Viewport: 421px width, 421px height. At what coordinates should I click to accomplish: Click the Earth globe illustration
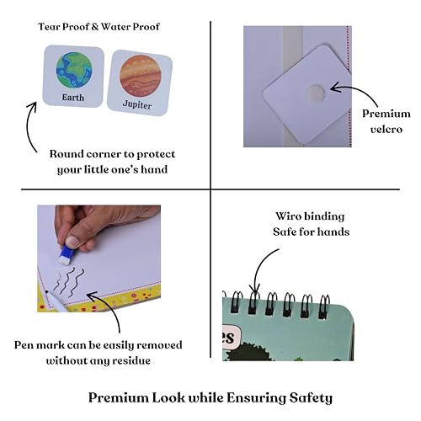74,69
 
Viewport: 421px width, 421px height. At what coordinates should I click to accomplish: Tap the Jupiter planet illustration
140,76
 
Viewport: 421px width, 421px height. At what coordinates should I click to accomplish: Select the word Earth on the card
73,98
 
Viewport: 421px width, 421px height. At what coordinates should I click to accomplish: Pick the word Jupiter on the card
137,104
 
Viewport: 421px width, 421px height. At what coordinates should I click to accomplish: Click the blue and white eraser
67,253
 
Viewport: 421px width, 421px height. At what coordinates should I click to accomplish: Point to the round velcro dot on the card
317,93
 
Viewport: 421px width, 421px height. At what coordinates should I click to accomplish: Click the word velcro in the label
386,130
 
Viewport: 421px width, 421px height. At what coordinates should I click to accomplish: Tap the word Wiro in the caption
287,216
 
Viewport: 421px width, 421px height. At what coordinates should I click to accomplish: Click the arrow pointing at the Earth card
29,125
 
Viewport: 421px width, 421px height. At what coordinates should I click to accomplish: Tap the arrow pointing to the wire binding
261,267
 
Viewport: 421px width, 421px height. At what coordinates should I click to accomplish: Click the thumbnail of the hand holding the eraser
99,258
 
